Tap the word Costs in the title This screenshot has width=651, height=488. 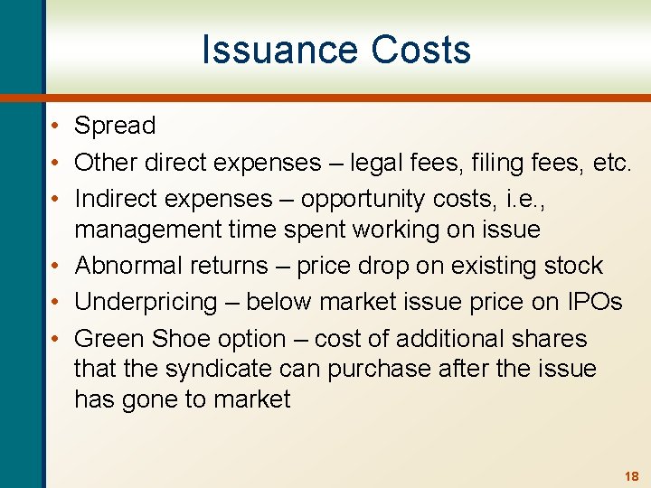(425, 50)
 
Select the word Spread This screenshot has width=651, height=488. (115, 126)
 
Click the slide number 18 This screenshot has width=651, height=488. (631, 475)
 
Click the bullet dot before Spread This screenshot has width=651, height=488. (55, 127)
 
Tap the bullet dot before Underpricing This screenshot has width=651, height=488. (55, 303)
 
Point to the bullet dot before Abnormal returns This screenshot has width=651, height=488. (55, 267)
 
